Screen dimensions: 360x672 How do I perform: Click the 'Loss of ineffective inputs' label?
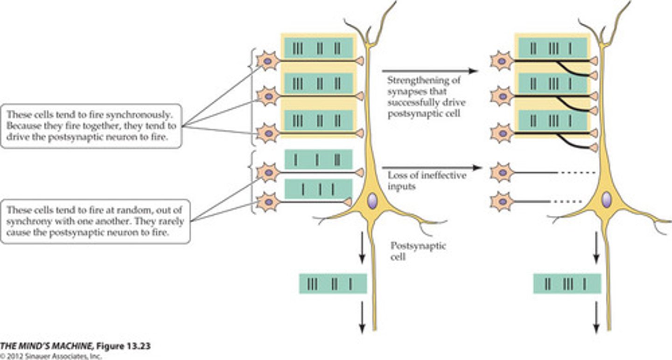click(427, 180)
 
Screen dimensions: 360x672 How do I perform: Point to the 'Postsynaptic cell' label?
click(418, 251)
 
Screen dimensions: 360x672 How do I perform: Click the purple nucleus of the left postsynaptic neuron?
click(372, 201)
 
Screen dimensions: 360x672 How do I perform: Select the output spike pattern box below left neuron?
click(332, 283)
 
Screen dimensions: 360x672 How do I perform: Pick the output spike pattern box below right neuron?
click(567, 283)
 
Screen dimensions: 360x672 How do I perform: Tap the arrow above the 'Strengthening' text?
click(429, 71)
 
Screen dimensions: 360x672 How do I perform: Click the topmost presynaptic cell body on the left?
click(268, 61)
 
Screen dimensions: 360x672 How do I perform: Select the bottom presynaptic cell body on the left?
click(268, 201)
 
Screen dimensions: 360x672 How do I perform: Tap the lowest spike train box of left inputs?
click(318, 189)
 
